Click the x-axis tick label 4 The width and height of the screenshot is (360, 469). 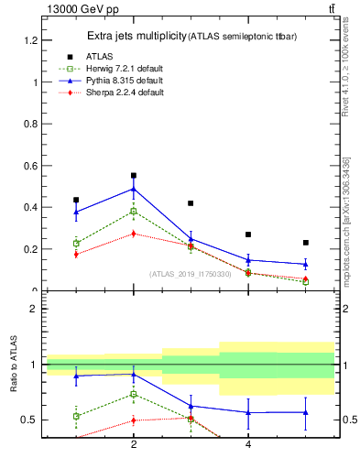pyautogui.click(x=248, y=445)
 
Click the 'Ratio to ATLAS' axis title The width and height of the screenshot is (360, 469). pyautogui.click(x=14, y=365)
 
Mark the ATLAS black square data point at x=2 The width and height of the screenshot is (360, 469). pyautogui.click(x=134, y=175)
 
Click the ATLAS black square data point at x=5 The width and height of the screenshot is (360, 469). pyautogui.click(x=305, y=243)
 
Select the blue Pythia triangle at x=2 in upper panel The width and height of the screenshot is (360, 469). pyautogui.click(x=134, y=189)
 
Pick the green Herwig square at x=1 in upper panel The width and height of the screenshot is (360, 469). pyautogui.click(x=76, y=244)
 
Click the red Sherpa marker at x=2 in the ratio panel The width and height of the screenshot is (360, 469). pyautogui.click(x=134, y=420)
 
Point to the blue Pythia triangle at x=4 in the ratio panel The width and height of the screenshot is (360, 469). pyautogui.click(x=248, y=412)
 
